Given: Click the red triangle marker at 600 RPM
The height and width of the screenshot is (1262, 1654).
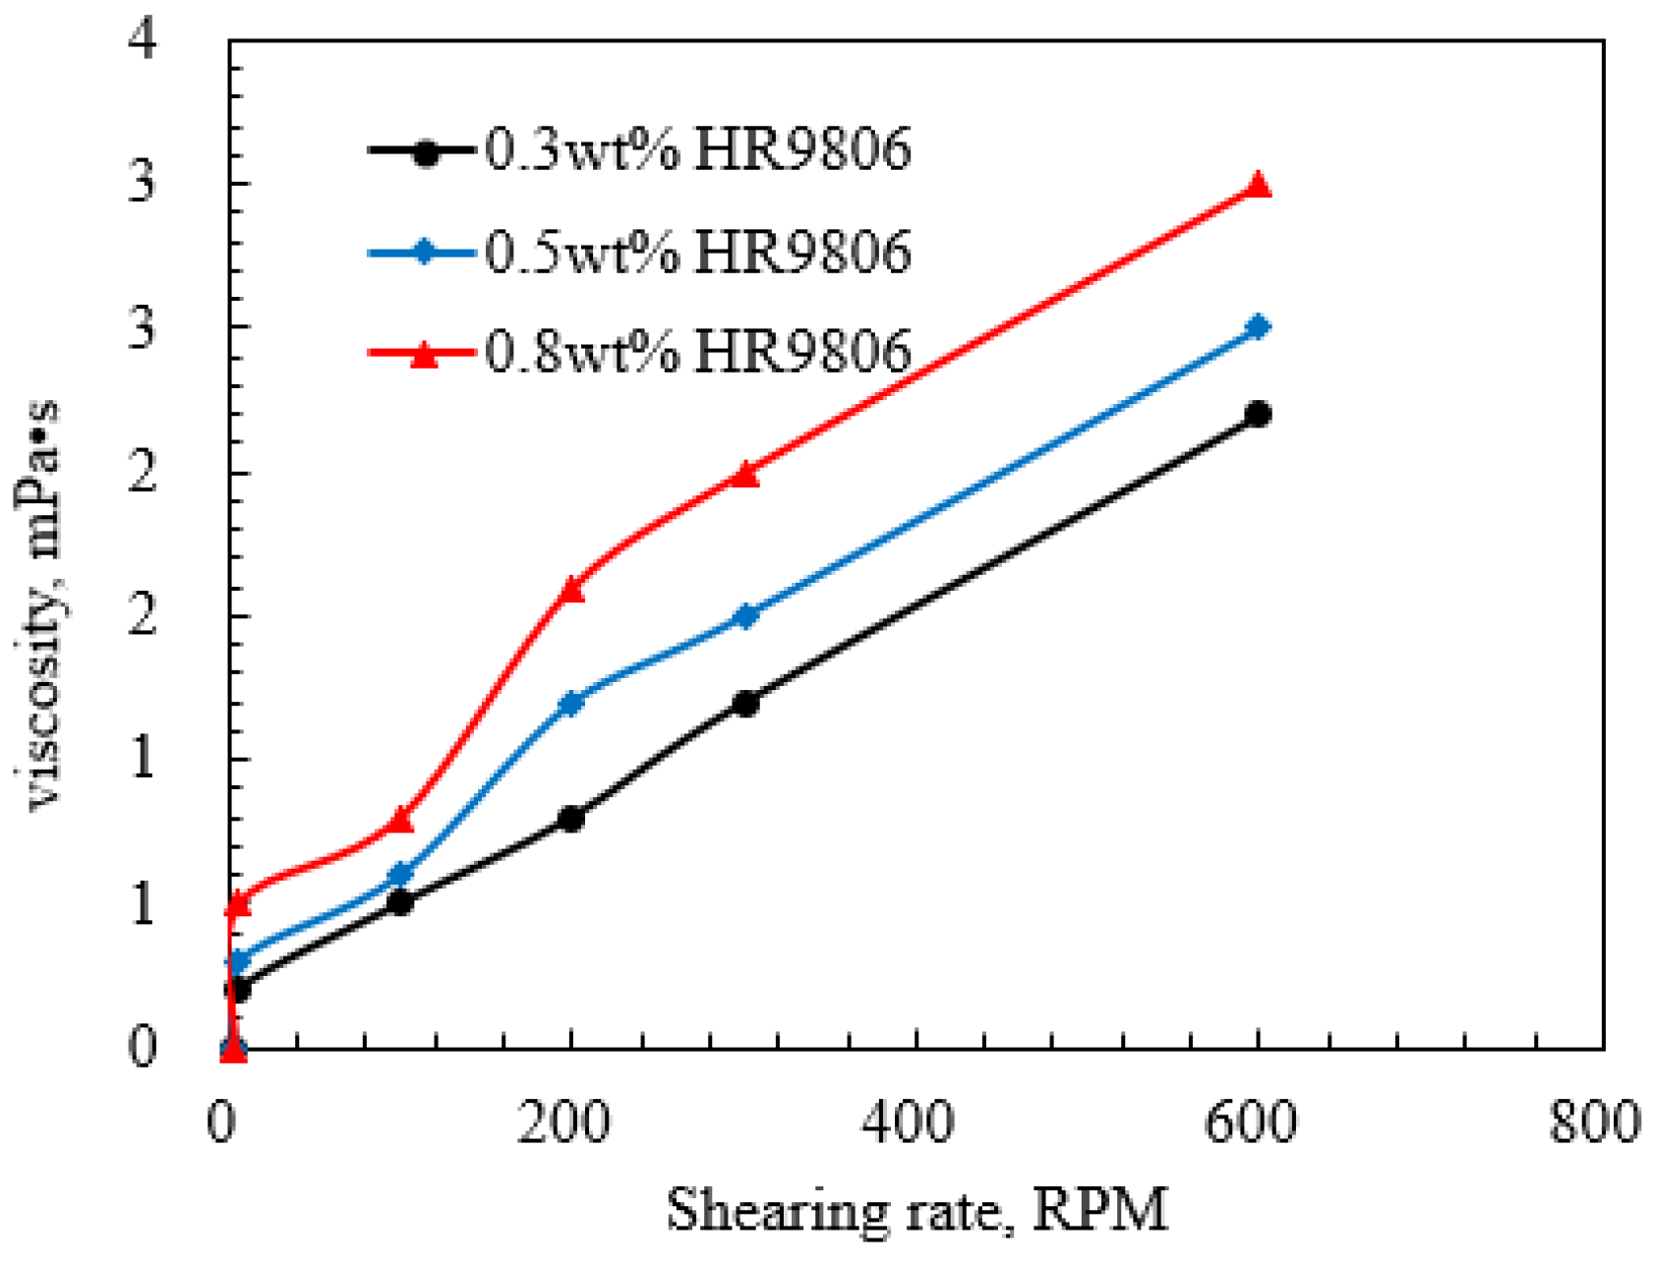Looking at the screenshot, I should [1258, 186].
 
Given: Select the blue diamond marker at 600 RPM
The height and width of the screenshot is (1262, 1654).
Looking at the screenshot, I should [1258, 327].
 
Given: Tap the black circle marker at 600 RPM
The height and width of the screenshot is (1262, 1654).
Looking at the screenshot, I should [1258, 414].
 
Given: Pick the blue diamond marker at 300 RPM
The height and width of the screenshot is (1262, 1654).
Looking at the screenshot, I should [746, 616].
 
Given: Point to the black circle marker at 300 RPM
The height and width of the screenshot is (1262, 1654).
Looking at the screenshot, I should [746, 703].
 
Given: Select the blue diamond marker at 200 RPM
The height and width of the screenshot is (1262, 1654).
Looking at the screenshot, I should [571, 703].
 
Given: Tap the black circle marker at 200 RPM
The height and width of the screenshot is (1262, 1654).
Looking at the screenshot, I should [571, 818].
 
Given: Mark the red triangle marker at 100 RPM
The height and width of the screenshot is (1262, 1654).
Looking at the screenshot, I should [400, 819].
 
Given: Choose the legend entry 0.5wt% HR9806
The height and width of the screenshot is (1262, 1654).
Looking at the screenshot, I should [639, 252].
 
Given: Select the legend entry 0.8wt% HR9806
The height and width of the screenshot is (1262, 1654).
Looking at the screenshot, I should [639, 351].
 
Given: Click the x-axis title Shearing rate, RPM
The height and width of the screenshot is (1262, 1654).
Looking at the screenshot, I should [916, 1209].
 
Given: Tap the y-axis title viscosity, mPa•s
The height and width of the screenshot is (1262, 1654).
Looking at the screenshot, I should [39, 604].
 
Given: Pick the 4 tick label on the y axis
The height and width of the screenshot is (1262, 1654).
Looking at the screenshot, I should [144, 40].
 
